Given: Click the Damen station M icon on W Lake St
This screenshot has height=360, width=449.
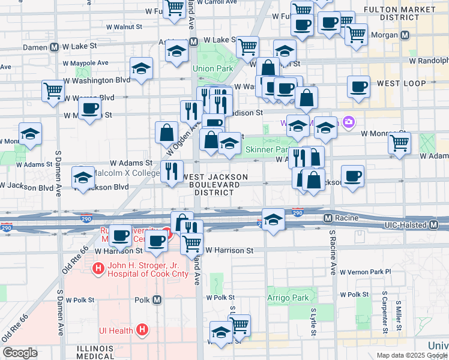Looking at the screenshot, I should [54, 46].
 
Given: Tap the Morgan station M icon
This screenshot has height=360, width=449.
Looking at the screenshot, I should [405, 35].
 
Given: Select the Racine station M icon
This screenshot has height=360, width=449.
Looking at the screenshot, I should [328, 218].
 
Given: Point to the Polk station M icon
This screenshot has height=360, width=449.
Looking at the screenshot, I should [157, 299].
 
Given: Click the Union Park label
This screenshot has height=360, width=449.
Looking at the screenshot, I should [212, 68].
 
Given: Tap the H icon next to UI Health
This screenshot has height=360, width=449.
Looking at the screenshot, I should [142, 329].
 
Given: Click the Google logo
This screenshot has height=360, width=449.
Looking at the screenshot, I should [20, 352].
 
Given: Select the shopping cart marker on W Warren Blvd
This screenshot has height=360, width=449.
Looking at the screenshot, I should [53, 91].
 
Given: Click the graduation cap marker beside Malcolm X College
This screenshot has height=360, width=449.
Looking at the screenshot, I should [83, 176].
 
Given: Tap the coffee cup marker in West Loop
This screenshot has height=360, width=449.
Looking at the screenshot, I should [358, 86].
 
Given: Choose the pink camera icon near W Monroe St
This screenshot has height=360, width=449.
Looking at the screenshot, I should [349, 123].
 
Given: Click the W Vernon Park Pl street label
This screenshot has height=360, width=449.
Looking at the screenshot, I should [365, 272].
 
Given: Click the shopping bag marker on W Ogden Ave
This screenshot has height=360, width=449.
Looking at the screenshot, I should [166, 133].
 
